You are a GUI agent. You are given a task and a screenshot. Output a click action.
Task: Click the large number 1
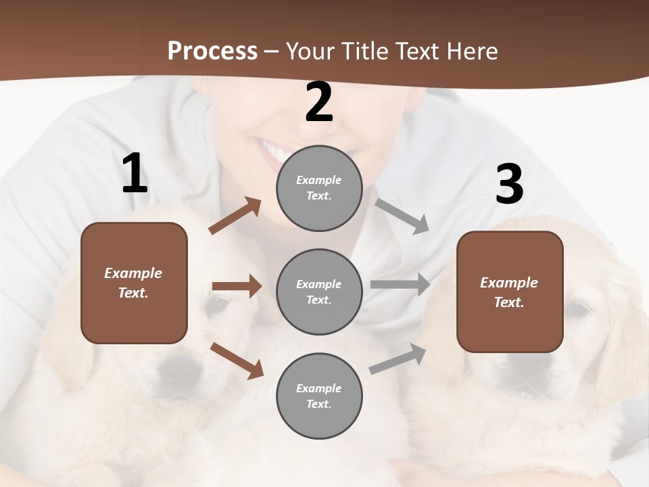tap(135, 174)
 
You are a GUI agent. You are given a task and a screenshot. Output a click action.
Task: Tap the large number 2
tap(319, 103)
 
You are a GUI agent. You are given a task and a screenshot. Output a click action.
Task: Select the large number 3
tap(509, 185)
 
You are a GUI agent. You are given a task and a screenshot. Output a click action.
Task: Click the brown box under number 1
tap(134, 283)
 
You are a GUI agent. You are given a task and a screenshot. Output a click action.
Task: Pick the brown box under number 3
tap(510, 292)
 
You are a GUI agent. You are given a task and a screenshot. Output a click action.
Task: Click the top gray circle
tap(319, 188)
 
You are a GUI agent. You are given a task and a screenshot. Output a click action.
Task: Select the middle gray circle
tap(319, 292)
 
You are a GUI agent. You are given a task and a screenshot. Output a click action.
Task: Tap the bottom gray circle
tap(319, 396)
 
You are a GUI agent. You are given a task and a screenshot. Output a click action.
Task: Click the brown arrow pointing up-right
tap(235, 216)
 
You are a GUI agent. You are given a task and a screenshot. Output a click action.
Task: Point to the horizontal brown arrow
tap(237, 286)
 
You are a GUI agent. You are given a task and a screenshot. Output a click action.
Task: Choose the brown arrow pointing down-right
tap(237, 360)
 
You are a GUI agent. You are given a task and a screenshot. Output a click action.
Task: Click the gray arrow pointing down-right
tap(402, 216)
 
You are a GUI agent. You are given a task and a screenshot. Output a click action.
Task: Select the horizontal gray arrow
tap(400, 285)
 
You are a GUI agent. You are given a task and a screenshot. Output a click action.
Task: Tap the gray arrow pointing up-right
tap(398, 359)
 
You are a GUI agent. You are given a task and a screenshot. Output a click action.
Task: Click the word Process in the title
tap(212, 51)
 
